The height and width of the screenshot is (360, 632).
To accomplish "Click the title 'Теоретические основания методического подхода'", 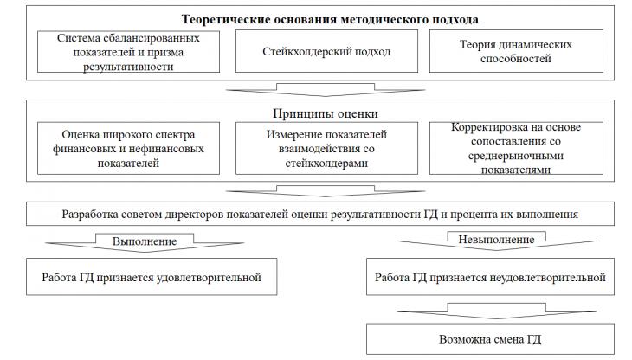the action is click(x=330, y=19).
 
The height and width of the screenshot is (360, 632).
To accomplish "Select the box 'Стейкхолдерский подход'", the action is click(x=326, y=52).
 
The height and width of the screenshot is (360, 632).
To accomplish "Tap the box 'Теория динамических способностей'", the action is click(x=516, y=52).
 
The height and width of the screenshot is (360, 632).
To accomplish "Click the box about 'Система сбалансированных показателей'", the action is click(x=129, y=52).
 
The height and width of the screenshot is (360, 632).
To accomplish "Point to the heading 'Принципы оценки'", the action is click(x=326, y=113).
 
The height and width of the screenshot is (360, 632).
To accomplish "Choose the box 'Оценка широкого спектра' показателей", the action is click(x=129, y=148).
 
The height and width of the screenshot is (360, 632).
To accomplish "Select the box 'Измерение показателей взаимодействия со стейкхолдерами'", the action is click(x=326, y=148).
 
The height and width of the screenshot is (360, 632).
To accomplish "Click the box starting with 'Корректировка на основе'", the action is click(x=516, y=148).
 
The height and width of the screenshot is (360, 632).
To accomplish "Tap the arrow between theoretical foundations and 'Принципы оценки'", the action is click(x=326, y=90).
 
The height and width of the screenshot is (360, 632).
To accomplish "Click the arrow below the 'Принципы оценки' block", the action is click(x=326, y=191).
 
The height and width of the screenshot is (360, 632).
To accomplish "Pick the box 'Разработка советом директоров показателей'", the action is click(x=320, y=214).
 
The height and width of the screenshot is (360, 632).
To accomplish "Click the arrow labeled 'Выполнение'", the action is click(x=145, y=243).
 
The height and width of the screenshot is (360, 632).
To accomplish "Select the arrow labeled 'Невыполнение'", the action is click(x=497, y=241).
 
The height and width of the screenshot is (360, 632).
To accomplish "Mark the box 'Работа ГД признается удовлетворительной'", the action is click(x=152, y=277).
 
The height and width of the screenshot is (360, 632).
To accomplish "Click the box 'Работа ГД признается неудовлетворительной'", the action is click(x=491, y=277).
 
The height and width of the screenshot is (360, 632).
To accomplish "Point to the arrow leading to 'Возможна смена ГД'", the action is click(x=497, y=312).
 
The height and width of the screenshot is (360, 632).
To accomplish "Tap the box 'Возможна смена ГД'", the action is click(x=491, y=339).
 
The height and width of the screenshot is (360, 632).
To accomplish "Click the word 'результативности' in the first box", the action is click(x=128, y=67).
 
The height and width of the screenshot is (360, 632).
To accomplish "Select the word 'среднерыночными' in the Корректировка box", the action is click(x=516, y=156).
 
